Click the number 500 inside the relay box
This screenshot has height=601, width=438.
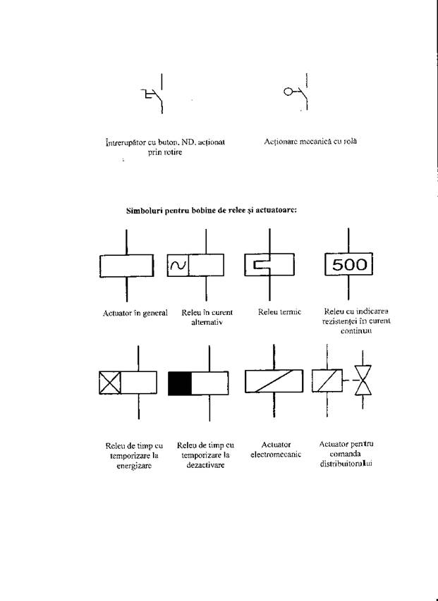click(x=349, y=264)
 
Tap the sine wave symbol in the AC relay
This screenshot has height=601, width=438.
click(x=178, y=265)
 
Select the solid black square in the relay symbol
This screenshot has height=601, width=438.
click(x=180, y=383)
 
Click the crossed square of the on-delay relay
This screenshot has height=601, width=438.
click(x=110, y=383)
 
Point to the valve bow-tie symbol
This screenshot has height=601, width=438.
click(x=363, y=380)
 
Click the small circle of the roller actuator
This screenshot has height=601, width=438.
click(x=288, y=92)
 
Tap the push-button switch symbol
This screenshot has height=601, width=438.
click(x=154, y=94)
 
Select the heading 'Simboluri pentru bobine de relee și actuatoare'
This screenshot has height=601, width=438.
click(x=212, y=211)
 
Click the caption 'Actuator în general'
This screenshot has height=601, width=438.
click(x=135, y=313)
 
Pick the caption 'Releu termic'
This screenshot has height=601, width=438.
click(x=279, y=312)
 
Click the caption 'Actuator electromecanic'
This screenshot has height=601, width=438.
click(x=276, y=450)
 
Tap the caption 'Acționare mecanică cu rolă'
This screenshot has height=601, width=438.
click(x=310, y=142)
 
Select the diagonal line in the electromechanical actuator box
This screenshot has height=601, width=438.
click(x=274, y=381)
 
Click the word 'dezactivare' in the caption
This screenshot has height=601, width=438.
click(x=205, y=465)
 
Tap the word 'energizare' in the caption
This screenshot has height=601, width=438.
click(x=134, y=466)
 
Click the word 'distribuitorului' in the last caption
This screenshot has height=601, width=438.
click(x=346, y=464)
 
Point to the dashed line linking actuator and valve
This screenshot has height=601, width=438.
click(x=348, y=380)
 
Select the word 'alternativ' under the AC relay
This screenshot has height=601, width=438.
click(x=207, y=323)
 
